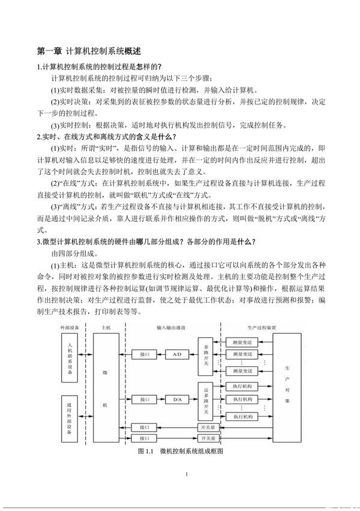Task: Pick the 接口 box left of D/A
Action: point(144,399)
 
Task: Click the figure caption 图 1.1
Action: point(180,450)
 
